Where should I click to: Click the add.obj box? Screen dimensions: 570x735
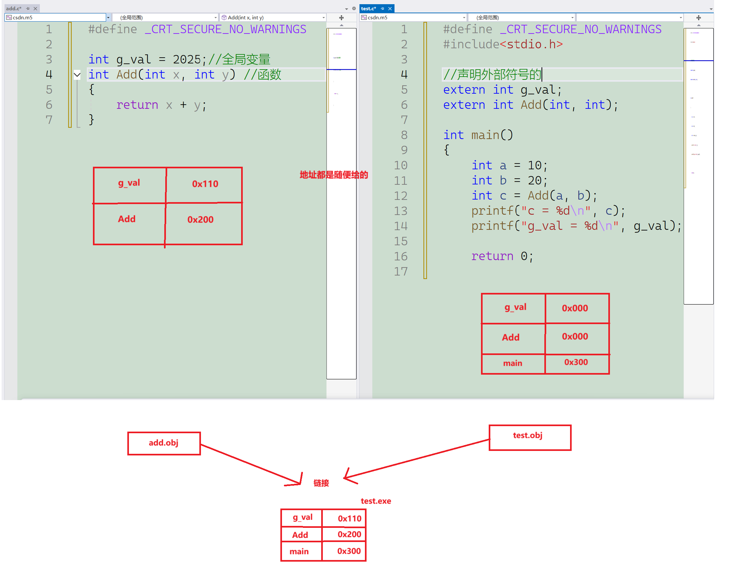164,443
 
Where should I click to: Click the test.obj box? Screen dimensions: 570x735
530,437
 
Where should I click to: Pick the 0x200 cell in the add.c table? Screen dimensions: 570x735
201,220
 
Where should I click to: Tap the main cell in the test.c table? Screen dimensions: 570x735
513,363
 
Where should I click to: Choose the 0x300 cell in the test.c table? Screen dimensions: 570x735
576,362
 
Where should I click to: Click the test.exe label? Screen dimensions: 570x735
376,501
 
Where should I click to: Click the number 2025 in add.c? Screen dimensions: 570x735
186,60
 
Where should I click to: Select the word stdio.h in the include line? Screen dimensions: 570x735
529,44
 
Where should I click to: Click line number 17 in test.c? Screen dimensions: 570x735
401,272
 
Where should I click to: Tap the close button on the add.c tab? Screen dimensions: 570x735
35,9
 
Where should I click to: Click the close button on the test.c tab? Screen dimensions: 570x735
390,9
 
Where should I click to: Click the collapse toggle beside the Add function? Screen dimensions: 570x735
77,75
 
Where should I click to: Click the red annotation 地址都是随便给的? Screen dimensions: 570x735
333,175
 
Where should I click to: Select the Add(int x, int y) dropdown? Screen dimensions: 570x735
273,17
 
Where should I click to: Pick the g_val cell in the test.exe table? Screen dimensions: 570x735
302,518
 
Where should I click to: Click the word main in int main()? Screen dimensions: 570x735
485,135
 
